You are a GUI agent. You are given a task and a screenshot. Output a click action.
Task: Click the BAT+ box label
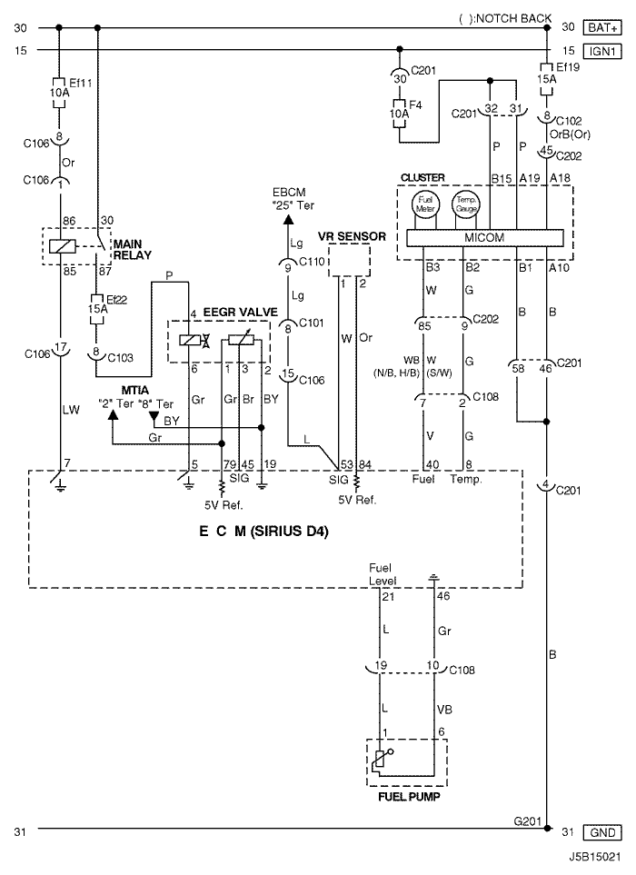pyautogui.click(x=602, y=27)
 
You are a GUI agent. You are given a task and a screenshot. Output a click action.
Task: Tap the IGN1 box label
pyautogui.click(x=602, y=51)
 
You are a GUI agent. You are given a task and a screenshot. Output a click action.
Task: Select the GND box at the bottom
pyautogui.click(x=602, y=832)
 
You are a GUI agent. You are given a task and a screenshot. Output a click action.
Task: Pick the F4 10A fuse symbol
pyautogui.click(x=400, y=114)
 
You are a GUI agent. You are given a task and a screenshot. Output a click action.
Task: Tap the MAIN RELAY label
pyautogui.click(x=133, y=250)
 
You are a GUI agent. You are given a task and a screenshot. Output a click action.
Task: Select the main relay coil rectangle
pyautogui.click(x=63, y=246)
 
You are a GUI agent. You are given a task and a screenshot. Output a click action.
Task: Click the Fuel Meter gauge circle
pyautogui.click(x=425, y=204)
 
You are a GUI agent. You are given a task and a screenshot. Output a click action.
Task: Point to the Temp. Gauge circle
pyautogui.click(x=466, y=204)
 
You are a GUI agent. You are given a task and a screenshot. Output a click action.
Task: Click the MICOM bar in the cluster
pyautogui.click(x=485, y=238)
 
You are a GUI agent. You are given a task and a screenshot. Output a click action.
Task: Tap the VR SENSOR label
pyautogui.click(x=352, y=236)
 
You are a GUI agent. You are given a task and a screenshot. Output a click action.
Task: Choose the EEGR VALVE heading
pyautogui.click(x=240, y=312)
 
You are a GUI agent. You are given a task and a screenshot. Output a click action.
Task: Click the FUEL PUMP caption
pyautogui.click(x=409, y=797)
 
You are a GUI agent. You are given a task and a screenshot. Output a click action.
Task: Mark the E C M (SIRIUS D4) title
pyautogui.click(x=263, y=531)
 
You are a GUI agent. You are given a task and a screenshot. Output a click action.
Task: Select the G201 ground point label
pyautogui.click(x=528, y=821)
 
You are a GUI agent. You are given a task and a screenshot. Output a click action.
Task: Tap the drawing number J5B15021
pyautogui.click(x=595, y=857)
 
